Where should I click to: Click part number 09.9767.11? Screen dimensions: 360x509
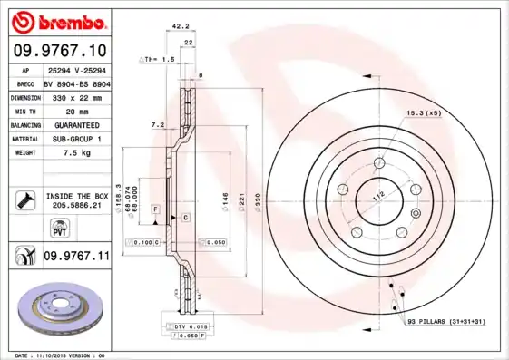(76, 257)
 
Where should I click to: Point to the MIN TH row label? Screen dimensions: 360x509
(24, 111)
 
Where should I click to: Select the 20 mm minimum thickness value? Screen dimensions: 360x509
(66, 111)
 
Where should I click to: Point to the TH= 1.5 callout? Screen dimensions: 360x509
(159, 59)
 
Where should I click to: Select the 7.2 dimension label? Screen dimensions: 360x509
(157, 123)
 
